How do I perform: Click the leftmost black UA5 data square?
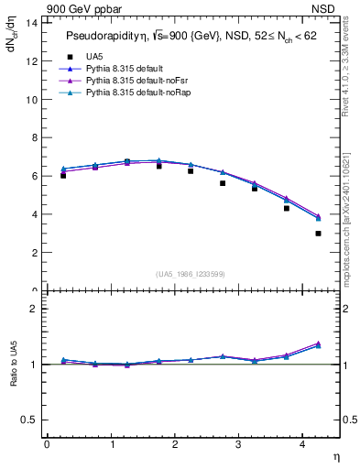pos(62,175)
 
